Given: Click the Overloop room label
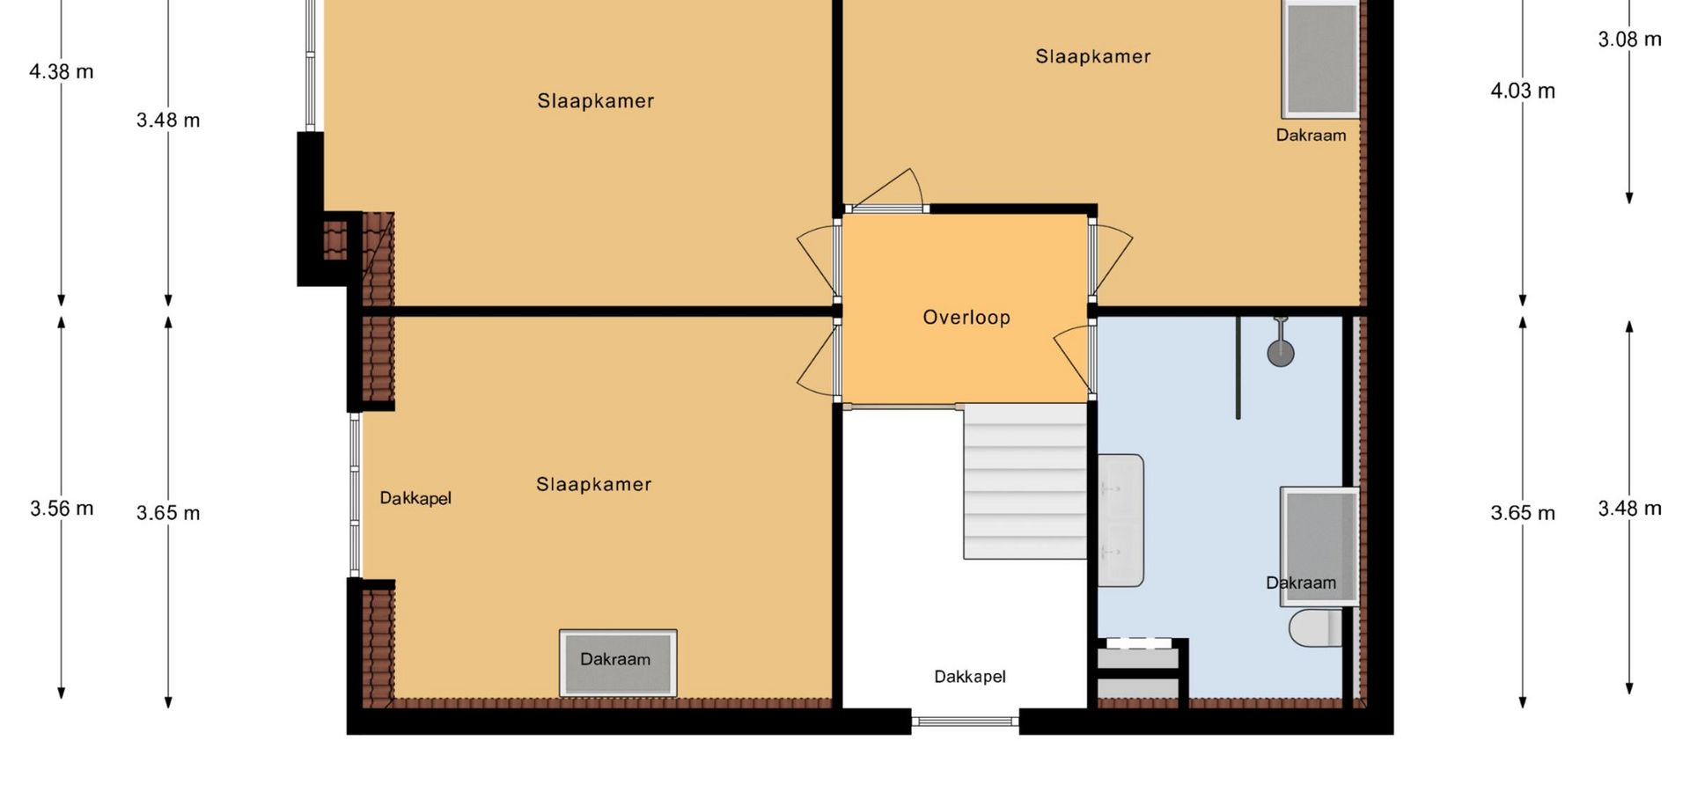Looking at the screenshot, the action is pos(966,318).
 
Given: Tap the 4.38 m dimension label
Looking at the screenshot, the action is pos(61,71).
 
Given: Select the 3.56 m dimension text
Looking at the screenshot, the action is pos(62,508).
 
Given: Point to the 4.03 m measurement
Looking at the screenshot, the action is pos(1523,91).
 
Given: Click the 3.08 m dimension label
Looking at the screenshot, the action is pos(1630,39).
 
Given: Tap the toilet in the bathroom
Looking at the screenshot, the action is pos(1316,628).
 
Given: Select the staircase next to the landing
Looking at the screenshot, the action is pos(1025,481).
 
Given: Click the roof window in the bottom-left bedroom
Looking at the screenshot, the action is pos(618,661).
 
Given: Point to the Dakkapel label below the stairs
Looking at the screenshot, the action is pos(970,677).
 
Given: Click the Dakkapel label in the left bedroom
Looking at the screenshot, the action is pos(415,498).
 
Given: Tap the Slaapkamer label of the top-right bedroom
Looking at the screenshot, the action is pos(1092,56).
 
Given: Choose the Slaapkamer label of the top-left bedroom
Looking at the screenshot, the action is pos(596,101).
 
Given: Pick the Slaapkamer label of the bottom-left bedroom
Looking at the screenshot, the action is pos(594,485).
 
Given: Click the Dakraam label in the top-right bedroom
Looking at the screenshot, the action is pos(1311,136).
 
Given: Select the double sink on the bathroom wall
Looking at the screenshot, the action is pos(1121,520).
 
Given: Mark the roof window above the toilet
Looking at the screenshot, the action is pos(1319,546).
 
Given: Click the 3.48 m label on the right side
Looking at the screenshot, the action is pos(1630,508).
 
